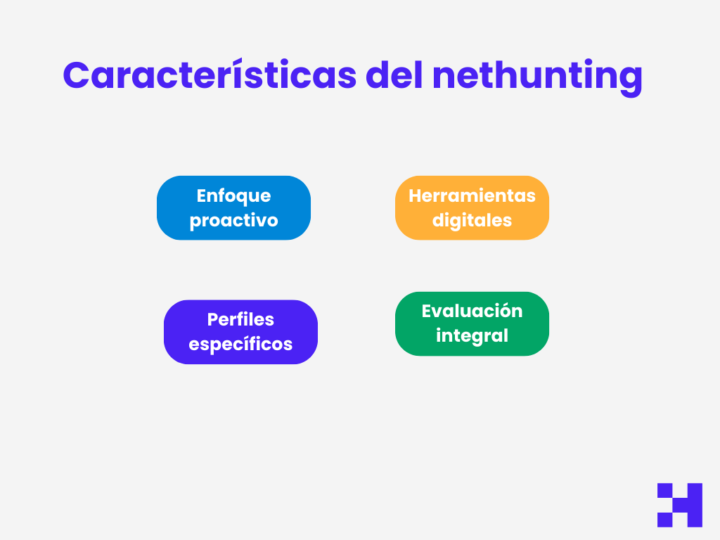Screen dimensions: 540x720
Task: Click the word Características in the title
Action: pyautogui.click(x=210, y=75)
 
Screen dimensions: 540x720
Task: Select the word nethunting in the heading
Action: pyautogui.click(x=537, y=76)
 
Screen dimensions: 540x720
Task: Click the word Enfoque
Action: pyautogui.click(x=233, y=195)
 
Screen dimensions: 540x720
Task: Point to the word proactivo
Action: pyautogui.click(x=233, y=221)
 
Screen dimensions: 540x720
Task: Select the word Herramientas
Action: pyautogui.click(x=472, y=195)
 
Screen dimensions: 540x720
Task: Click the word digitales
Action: pyautogui.click(x=472, y=221)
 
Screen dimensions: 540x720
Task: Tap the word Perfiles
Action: pyautogui.click(x=240, y=320)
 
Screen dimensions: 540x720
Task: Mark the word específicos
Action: pyautogui.click(x=240, y=345)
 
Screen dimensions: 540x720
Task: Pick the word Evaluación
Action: pyautogui.click(x=472, y=311)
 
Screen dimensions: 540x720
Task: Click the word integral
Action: pyautogui.click(x=472, y=336)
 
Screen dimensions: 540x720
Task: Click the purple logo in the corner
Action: pyautogui.click(x=679, y=505)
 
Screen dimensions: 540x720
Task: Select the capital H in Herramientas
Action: pyautogui.click(x=415, y=195)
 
